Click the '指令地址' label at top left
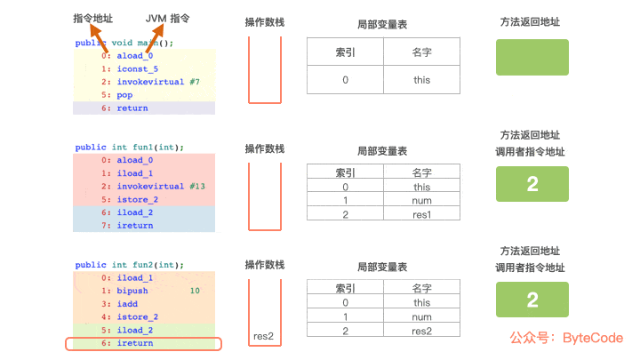coord(93,19)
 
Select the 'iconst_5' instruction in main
coord(137,68)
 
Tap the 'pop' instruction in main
coord(124,94)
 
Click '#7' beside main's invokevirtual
coord(195,82)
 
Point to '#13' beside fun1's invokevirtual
coord(197,187)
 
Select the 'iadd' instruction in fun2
coord(127,304)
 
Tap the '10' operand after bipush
coord(196,291)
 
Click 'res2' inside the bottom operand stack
coord(264,335)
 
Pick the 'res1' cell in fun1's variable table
coord(421,213)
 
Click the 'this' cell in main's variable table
coord(421,80)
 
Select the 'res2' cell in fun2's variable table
coord(421,331)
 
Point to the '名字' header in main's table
coord(421,52)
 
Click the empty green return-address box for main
coord(532,57)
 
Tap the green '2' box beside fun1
coord(532,185)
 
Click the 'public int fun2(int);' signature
coord(129,265)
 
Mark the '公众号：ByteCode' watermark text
coord(566,338)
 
